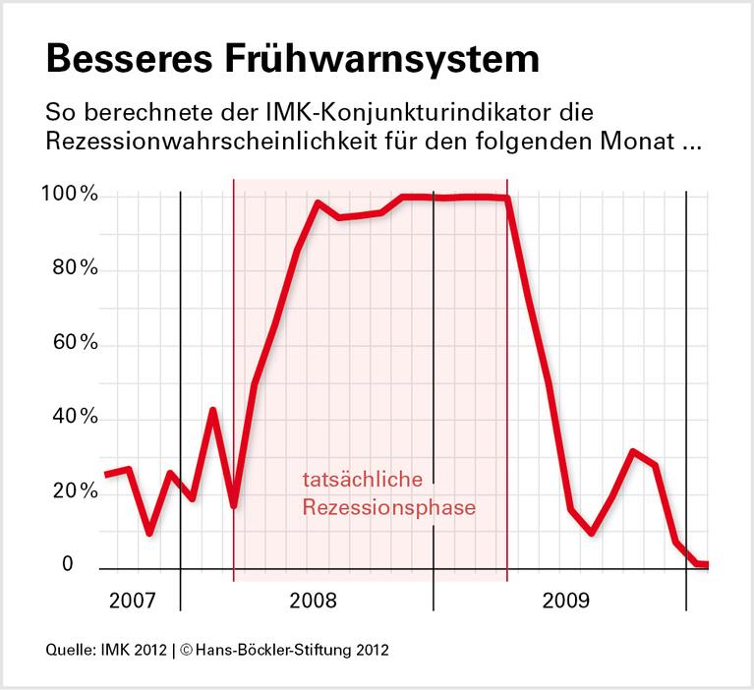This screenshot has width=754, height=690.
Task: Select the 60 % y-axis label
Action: (75, 343)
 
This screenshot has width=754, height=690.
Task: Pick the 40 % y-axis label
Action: (75, 417)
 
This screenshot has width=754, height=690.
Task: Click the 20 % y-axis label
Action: (75, 490)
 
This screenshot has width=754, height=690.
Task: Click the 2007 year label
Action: (131, 600)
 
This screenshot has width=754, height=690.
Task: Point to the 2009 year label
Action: (566, 600)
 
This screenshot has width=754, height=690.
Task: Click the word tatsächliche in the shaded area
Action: (362, 481)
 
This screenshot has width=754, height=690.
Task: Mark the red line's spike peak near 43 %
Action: (213, 410)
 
